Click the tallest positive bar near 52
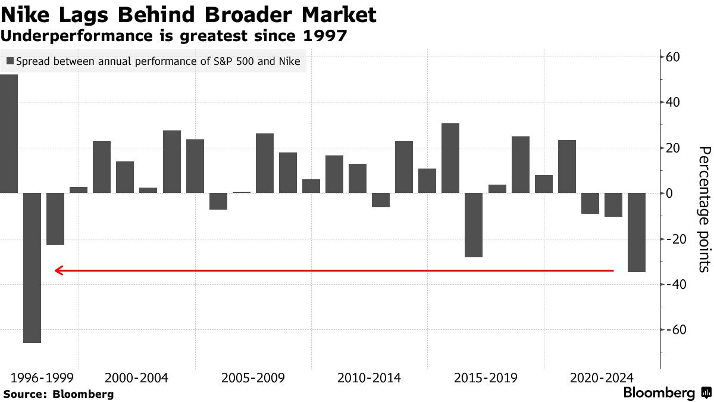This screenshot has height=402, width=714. pyautogui.click(x=9, y=133)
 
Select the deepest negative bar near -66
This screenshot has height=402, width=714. pyautogui.click(x=32, y=267)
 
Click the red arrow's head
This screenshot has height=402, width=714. pyautogui.click(x=58, y=270)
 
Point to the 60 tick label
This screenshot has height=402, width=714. pyautogui.click(x=672, y=57)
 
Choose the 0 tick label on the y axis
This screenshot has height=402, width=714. pyautogui.click(x=669, y=194)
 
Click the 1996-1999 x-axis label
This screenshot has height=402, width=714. pyautogui.click(x=42, y=378)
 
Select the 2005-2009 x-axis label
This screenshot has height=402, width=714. pyautogui.click(x=253, y=378)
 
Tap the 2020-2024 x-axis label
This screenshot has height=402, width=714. pyautogui.click(x=602, y=378)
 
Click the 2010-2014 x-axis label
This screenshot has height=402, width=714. pyautogui.click(x=369, y=378)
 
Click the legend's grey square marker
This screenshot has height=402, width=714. pyautogui.click(x=10, y=61)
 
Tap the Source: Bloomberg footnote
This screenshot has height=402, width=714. pyautogui.click(x=58, y=394)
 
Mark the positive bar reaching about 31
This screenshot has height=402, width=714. pyautogui.click(x=450, y=158)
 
